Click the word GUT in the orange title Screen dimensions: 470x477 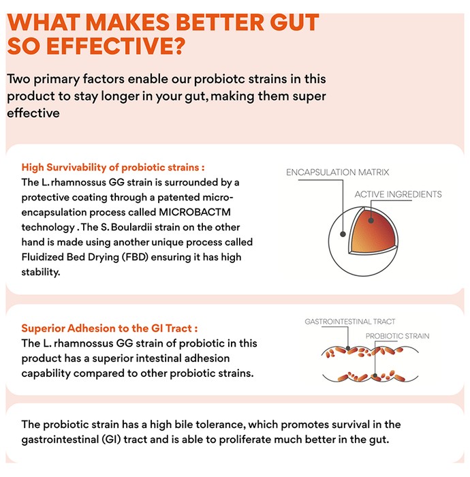point(294,22)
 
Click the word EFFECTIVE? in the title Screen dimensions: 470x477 point(116,46)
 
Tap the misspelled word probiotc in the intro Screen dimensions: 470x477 point(219,79)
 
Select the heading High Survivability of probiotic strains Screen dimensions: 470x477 point(113,168)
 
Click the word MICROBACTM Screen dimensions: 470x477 point(195,212)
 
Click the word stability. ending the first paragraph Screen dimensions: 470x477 point(41,272)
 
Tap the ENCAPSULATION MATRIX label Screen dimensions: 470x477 point(337,172)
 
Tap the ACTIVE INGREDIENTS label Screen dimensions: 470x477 point(398,194)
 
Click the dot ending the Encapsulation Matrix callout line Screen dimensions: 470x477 point(343,234)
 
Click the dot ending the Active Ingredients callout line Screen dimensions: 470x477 point(371,220)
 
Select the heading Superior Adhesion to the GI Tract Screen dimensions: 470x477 point(110,328)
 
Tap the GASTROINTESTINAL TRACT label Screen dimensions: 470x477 point(350,322)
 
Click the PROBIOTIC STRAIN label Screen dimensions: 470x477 point(397,336)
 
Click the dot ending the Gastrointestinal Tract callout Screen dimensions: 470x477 point(348,348)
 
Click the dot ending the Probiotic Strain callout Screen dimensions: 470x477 point(375,375)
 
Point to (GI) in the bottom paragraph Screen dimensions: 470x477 point(111,440)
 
